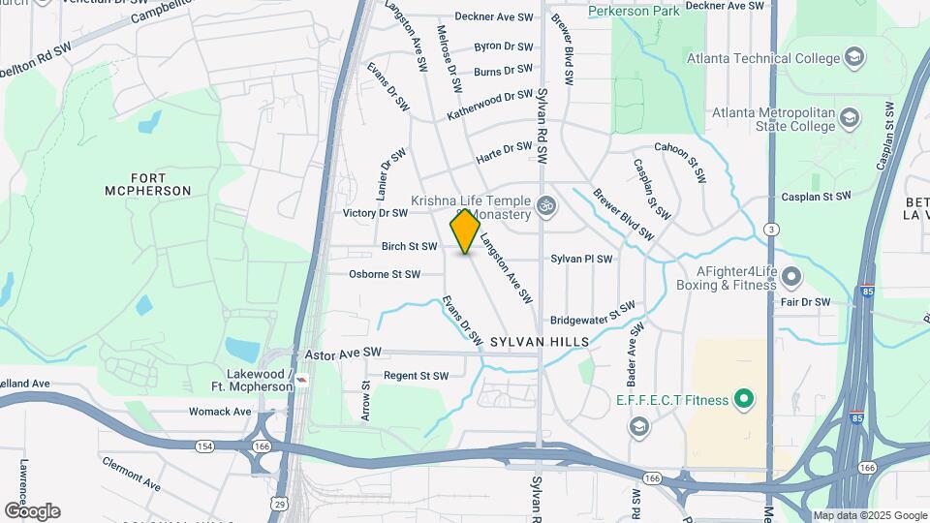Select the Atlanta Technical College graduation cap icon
[x=853, y=58]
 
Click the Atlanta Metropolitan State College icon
[x=850, y=119]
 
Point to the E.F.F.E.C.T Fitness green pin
[x=744, y=398]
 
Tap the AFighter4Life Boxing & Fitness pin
[x=791, y=278]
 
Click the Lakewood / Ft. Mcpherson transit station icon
[x=303, y=380]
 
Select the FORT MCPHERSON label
[x=148, y=184]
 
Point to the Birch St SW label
[x=409, y=246]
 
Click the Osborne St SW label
[x=385, y=274]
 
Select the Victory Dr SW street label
[x=375, y=212]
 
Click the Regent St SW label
[x=416, y=376]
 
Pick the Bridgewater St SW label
[x=592, y=314]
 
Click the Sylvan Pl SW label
[x=581, y=259]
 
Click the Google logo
[x=32, y=510]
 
